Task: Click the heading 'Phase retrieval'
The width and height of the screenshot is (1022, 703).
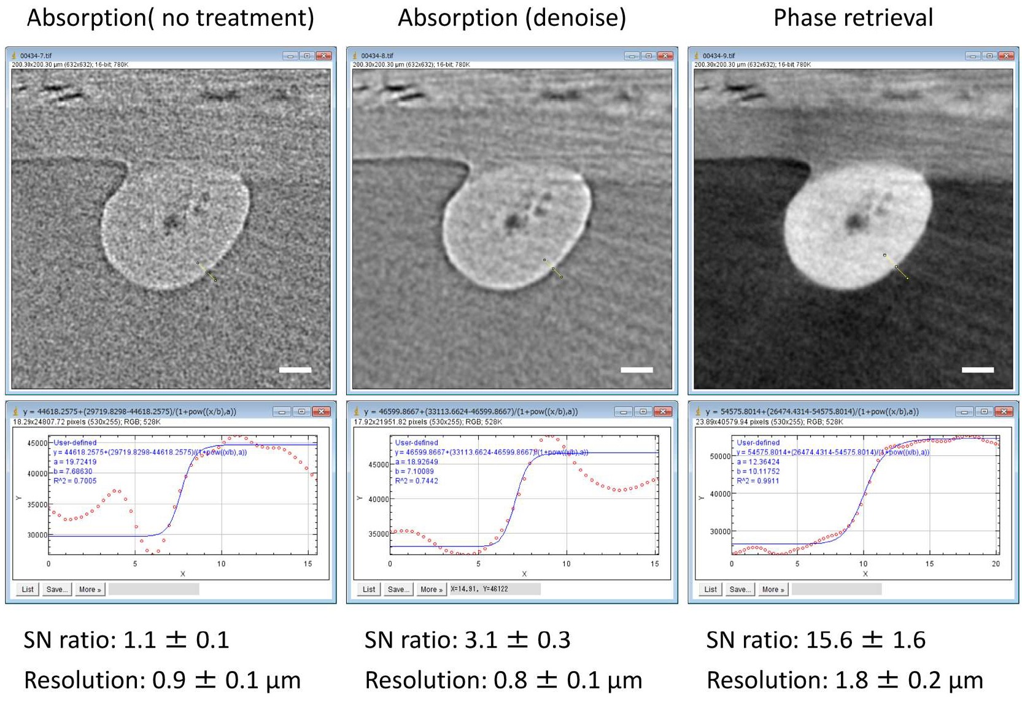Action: click(x=853, y=18)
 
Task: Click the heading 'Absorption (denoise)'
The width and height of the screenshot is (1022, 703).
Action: click(x=512, y=18)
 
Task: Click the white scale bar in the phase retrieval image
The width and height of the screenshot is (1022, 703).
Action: click(x=977, y=370)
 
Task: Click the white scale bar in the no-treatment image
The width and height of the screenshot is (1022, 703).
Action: click(x=295, y=370)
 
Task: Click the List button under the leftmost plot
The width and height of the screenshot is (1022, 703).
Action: click(x=28, y=590)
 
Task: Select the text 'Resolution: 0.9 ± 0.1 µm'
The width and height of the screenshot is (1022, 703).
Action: click(x=162, y=680)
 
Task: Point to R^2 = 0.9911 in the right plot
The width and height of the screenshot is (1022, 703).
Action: click(x=758, y=481)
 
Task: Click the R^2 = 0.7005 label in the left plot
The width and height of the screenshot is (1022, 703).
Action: click(x=75, y=481)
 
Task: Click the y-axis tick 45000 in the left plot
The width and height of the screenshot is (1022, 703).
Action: click(x=37, y=443)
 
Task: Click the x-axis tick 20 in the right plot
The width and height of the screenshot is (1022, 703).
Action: click(x=995, y=564)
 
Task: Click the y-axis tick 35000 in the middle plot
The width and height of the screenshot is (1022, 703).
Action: click(x=378, y=534)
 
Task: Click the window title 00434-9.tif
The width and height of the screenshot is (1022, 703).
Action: click(x=718, y=56)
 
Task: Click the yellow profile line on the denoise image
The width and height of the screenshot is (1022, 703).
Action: click(x=553, y=269)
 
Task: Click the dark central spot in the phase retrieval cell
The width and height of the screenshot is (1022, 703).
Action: click(x=854, y=221)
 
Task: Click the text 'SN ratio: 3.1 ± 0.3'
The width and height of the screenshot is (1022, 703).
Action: click(x=467, y=640)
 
